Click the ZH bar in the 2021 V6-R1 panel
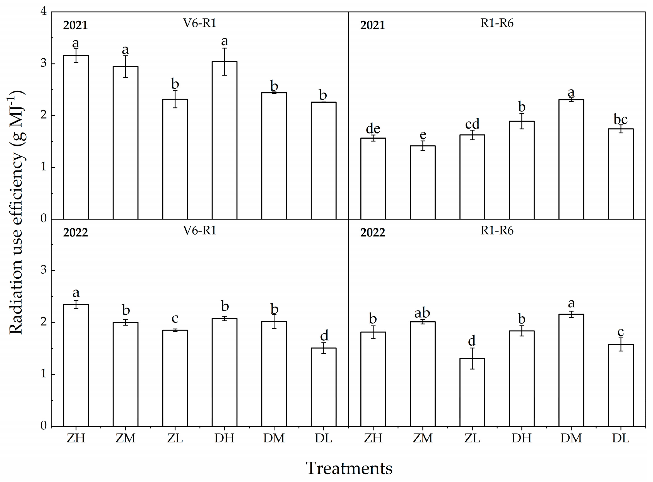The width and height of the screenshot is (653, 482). point(76,137)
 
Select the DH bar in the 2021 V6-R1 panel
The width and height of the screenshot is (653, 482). point(224,140)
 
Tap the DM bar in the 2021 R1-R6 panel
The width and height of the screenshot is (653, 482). point(571,159)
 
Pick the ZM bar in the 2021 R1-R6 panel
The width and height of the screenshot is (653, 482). point(423,182)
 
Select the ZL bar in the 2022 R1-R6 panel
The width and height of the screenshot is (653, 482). point(472,392)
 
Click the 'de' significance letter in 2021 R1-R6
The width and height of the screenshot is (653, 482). point(373,129)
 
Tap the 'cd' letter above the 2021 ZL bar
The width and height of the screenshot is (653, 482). point(472,124)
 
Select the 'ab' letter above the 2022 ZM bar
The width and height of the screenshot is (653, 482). point(422,313)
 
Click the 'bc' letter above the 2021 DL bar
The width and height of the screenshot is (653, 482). point(620,119)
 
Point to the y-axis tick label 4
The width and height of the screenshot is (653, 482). point(44,11)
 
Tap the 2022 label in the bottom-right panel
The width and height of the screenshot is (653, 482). point(373,233)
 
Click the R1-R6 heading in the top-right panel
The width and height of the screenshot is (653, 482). point(497,23)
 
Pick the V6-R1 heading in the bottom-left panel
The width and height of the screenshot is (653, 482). point(199,230)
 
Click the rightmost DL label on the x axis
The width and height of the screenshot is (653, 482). point(620,438)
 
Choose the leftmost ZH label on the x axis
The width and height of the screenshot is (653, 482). point(76,438)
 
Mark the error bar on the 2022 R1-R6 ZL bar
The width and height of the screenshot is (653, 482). point(472,359)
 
